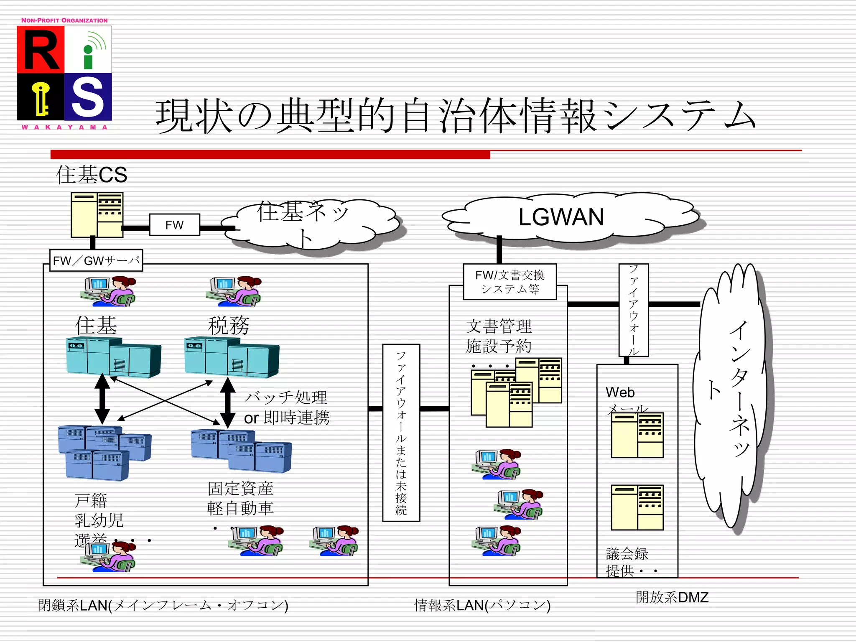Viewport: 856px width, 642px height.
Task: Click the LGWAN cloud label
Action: (x=561, y=217)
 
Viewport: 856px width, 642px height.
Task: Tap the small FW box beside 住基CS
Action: (x=174, y=225)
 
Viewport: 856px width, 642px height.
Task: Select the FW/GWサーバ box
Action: (x=96, y=261)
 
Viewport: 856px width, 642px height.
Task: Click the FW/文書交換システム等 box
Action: (x=510, y=282)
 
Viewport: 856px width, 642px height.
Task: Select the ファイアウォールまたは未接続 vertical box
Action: (x=401, y=433)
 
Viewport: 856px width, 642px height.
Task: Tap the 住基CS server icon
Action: (x=97, y=215)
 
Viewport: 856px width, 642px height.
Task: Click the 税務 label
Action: (x=229, y=326)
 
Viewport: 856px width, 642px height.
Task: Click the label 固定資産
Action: (x=240, y=488)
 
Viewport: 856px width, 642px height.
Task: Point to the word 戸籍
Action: (x=91, y=500)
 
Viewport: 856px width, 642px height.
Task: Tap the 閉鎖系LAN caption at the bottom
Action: (x=163, y=605)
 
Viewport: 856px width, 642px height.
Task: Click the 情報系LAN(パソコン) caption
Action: (x=482, y=605)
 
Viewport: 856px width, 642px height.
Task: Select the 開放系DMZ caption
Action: (x=672, y=597)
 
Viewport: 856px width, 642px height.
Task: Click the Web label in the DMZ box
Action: (x=620, y=392)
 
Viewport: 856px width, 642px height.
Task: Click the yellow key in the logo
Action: (x=41, y=98)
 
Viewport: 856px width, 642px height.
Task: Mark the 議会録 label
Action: (x=627, y=554)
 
